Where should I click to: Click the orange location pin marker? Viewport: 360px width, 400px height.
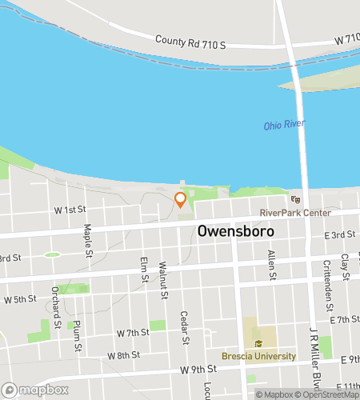(180, 198)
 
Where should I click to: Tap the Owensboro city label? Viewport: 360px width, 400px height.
(235, 230)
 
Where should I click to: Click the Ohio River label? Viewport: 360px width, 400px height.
(285, 126)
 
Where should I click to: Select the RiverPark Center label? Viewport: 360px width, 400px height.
(295, 213)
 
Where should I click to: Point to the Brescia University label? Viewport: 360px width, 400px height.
(259, 356)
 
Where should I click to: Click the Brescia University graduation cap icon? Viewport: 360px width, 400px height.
(258, 344)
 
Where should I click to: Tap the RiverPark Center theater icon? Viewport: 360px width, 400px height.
(295, 200)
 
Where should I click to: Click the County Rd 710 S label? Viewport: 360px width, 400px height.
(191, 40)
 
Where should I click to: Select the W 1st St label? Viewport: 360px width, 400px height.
(70, 209)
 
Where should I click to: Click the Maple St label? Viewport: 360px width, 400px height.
(87, 237)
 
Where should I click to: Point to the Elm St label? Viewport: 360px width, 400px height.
(145, 270)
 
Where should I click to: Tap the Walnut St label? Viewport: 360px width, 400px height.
(163, 279)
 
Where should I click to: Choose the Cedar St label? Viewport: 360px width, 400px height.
(184, 327)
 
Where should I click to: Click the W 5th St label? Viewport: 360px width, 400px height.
(20, 300)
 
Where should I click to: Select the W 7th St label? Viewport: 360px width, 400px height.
(133, 332)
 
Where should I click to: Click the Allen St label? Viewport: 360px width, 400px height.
(272, 265)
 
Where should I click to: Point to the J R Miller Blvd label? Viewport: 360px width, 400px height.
(314, 344)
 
